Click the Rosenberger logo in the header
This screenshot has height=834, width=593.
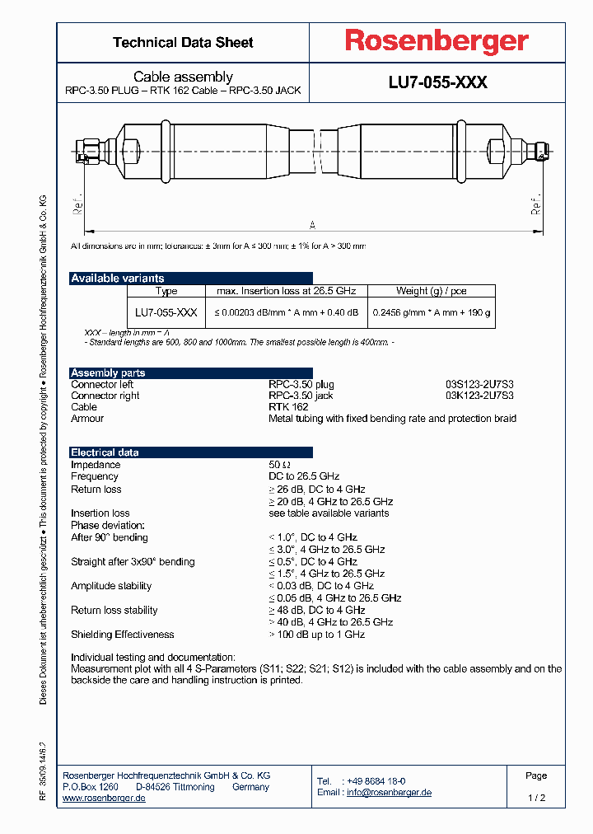click(x=437, y=42)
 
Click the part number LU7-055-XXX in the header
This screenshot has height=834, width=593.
click(x=437, y=82)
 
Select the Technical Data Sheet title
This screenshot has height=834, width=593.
click(x=183, y=42)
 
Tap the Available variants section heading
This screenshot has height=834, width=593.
click(x=118, y=279)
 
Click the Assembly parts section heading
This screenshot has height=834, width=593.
click(x=108, y=373)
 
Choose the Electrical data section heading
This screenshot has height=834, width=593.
click(x=105, y=452)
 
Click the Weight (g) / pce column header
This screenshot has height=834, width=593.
click(x=431, y=291)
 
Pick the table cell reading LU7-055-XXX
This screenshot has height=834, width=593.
click(x=166, y=312)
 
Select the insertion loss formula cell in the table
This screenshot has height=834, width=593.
click(x=287, y=312)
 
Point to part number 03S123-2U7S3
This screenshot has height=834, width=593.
click(x=479, y=384)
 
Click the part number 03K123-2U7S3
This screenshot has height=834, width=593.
click(x=479, y=396)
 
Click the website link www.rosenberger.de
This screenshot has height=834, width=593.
click(x=104, y=799)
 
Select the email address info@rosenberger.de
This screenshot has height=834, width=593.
click(x=389, y=793)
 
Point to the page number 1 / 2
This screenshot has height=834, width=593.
click(x=536, y=798)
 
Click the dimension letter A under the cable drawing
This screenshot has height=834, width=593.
click(x=312, y=224)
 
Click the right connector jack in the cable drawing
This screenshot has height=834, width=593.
click(x=540, y=152)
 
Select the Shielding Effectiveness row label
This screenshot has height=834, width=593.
click(x=123, y=635)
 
